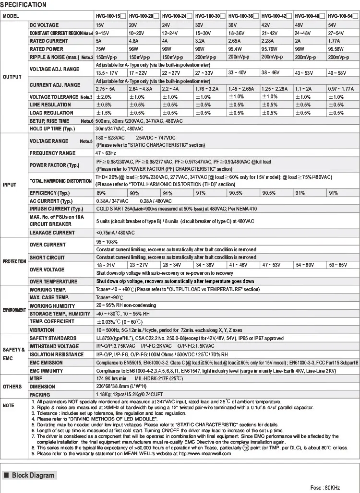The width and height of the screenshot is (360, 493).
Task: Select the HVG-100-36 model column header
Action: point(242,16)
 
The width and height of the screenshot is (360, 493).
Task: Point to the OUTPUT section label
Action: point(12,77)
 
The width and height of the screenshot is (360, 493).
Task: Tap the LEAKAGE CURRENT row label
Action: point(52,233)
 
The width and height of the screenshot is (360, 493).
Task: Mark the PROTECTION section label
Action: point(14,261)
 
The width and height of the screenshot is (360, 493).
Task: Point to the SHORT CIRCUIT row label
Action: point(47,258)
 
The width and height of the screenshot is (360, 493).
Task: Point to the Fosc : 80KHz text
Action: point(325,487)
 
